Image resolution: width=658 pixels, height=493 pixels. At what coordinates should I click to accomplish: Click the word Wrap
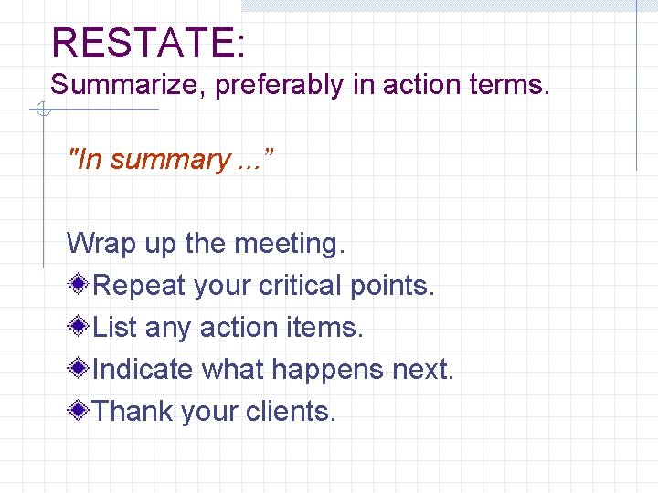click(100, 244)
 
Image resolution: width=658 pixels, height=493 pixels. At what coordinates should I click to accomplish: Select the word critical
click(301, 286)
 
